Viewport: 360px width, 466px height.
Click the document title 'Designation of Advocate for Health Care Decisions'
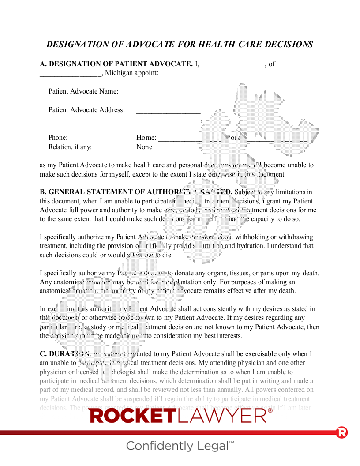point(180,45)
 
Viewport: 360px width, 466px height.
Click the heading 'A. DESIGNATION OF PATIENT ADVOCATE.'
point(116,64)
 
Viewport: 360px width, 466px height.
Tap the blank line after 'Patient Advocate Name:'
point(168,93)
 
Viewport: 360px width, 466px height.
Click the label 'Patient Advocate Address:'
point(86,110)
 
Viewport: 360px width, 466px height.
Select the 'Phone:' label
point(58,138)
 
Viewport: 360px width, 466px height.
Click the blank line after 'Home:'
point(190,139)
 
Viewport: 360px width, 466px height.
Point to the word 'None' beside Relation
point(144,147)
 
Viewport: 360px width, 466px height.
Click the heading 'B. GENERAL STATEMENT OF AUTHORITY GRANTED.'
point(136,192)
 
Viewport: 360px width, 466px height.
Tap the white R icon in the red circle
point(342,432)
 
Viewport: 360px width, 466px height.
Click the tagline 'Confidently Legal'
point(178,446)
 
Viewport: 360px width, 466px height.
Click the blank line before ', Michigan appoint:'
point(70,75)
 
